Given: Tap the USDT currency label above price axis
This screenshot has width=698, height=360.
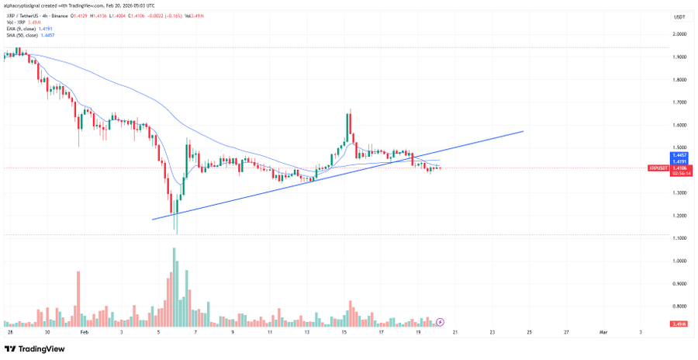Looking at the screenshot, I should click(679, 16).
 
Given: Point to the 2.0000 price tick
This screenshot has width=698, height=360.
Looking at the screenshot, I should click(679, 34).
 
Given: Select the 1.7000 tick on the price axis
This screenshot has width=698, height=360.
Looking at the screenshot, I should click(679, 102).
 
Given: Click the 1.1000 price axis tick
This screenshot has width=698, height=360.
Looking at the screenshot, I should click(679, 238).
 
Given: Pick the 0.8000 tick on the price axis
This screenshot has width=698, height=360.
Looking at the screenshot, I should click(679, 306).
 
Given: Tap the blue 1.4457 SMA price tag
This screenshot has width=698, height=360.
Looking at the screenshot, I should click(679, 154).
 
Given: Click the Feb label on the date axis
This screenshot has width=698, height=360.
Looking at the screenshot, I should click(84, 331).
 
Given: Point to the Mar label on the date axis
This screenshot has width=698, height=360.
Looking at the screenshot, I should click(603, 331).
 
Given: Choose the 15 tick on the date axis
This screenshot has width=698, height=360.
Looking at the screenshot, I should click(344, 331).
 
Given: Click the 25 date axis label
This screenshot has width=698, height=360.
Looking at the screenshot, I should click(530, 331).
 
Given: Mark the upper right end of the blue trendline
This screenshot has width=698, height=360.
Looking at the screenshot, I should click(523, 131).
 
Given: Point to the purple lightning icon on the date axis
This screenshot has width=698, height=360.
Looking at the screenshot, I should click(440, 320).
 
